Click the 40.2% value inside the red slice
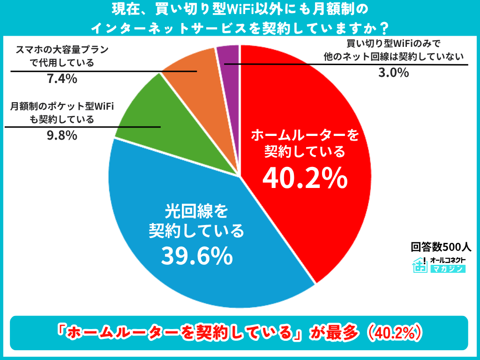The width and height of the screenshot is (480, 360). (x=305, y=179)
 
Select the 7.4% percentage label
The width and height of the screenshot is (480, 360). (x=62, y=79)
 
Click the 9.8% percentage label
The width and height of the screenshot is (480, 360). (x=62, y=135)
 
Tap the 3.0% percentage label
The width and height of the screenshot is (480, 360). (x=394, y=73)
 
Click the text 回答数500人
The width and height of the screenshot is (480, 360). (x=441, y=247)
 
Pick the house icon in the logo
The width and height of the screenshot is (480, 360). (x=420, y=265)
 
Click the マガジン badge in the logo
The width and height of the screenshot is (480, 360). (x=448, y=269)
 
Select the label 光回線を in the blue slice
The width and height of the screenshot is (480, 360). (x=196, y=211)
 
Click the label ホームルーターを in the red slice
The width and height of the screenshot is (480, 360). (x=305, y=135)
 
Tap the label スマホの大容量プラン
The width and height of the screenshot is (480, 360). (x=62, y=49)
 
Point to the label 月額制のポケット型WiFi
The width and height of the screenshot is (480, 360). (x=62, y=106)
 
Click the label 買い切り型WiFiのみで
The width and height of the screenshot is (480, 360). (x=394, y=43)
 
